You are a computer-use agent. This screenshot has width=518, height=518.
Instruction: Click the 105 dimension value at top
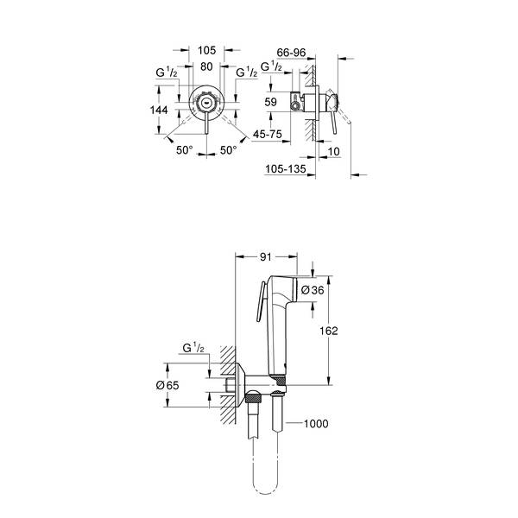click(207, 50)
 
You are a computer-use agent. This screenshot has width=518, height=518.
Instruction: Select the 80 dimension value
click(206, 66)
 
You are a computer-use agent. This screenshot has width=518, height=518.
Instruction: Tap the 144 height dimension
click(159, 110)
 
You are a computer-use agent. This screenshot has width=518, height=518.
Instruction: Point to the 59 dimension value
click(270, 102)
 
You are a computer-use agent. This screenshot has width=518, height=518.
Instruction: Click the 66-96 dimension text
click(291, 53)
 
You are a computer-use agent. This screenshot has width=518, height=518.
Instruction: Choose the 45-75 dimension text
click(268, 134)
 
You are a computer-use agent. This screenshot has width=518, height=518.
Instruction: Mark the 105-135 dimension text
click(286, 169)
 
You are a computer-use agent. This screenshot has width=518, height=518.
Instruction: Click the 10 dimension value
click(333, 151)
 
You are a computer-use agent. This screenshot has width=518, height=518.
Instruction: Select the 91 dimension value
click(266, 256)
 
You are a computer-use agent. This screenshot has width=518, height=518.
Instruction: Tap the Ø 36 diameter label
click(313, 290)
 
